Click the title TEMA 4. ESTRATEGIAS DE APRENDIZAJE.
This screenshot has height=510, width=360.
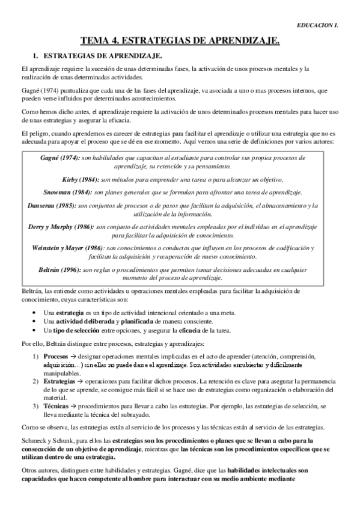pyautogui.click(x=180, y=41)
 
